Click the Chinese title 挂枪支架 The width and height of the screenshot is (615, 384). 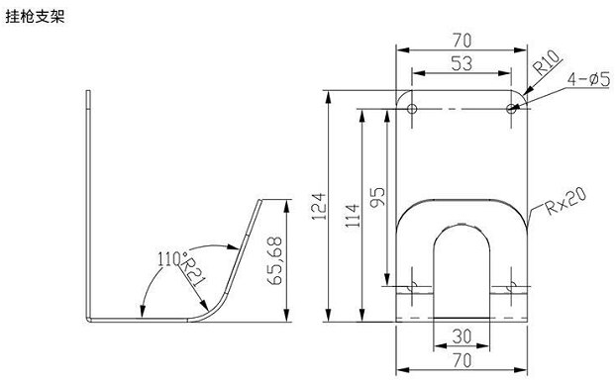click(35, 17)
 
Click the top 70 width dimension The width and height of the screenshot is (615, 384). click(462, 41)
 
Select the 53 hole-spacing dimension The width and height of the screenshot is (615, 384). click(461, 63)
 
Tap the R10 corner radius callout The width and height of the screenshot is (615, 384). click(547, 62)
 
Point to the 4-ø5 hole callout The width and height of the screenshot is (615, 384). click(588, 79)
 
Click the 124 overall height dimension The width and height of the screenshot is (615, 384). click(319, 206)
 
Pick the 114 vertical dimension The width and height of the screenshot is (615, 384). click(353, 216)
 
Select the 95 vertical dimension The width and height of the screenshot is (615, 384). click(377, 197)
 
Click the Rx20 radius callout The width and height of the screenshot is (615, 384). click(566, 201)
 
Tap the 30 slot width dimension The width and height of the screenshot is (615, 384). click(461, 336)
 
